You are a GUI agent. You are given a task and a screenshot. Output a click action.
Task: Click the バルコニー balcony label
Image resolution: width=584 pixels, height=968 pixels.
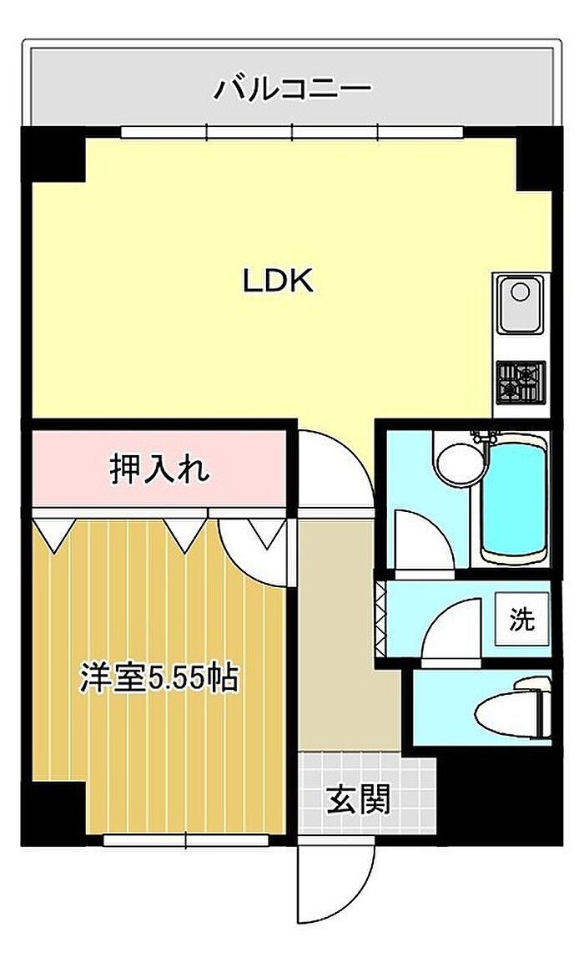point(292,89)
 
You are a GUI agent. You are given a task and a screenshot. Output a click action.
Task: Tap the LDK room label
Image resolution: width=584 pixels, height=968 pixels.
point(278,281)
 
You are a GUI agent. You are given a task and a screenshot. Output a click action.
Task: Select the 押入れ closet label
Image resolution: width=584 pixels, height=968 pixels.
point(160,469)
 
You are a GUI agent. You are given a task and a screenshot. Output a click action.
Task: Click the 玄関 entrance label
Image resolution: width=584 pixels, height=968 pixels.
point(358,800)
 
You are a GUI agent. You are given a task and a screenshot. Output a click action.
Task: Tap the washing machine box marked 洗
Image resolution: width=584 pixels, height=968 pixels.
point(522,619)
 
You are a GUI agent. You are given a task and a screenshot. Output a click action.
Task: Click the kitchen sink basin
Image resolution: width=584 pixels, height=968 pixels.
point(521,305)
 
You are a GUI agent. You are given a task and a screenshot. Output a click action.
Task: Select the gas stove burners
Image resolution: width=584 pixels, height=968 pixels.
point(521,383)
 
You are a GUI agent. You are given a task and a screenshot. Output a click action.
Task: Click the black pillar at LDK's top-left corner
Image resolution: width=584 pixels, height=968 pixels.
point(53,155)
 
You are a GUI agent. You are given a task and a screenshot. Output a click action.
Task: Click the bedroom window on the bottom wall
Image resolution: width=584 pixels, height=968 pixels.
point(185,839)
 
